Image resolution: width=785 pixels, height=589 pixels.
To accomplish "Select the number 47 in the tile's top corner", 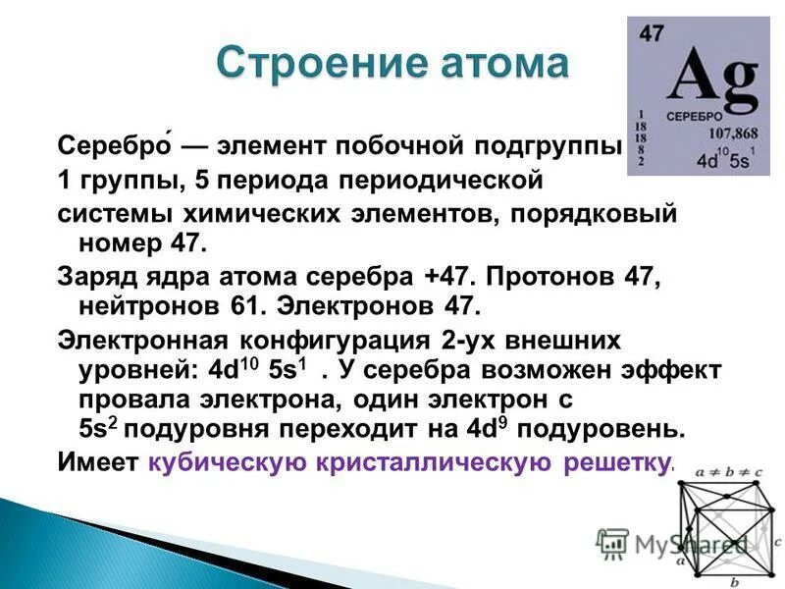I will point(652,32).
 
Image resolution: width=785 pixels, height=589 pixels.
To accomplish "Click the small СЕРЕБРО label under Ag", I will point(695,117).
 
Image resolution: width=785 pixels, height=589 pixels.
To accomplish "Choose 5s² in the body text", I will point(98,429).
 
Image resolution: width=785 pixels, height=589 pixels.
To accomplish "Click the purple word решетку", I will point(618,461).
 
